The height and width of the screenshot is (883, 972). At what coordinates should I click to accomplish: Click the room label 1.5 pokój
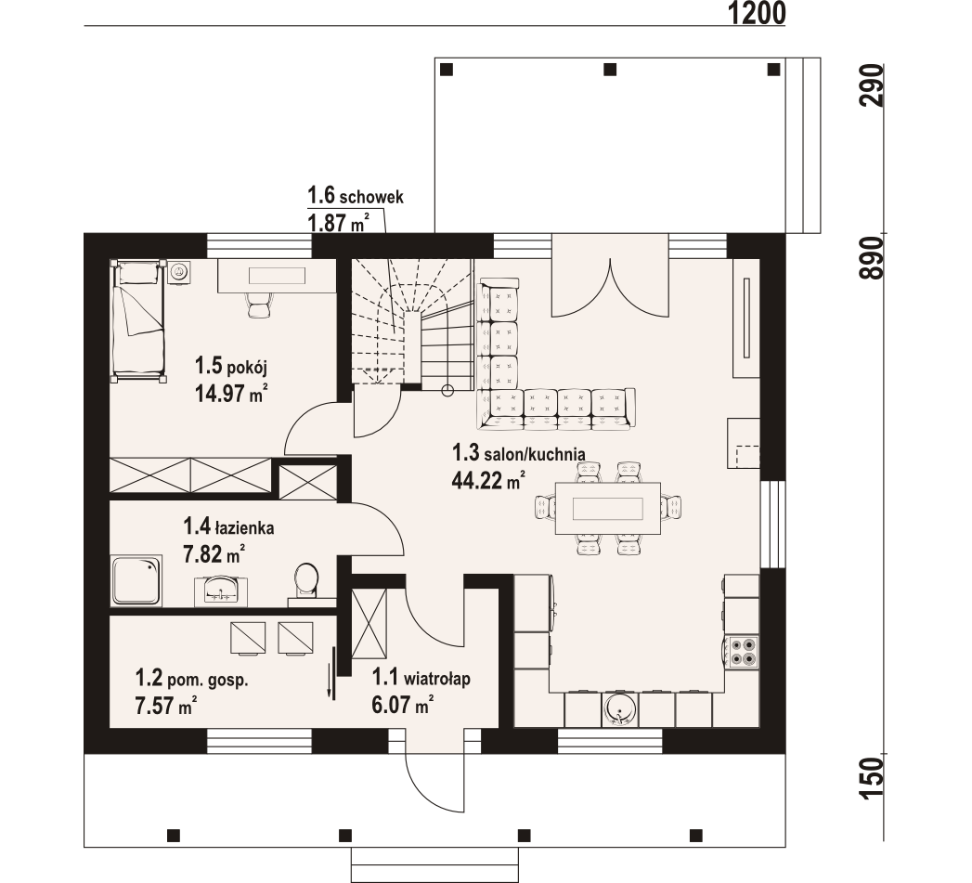[x=224, y=364]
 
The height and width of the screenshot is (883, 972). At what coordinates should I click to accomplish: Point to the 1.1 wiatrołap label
[x=421, y=680]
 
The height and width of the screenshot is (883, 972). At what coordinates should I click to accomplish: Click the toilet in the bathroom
[x=305, y=580]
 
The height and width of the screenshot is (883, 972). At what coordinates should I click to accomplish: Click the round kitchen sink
[x=619, y=708]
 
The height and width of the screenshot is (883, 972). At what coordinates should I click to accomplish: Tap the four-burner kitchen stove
[x=742, y=650]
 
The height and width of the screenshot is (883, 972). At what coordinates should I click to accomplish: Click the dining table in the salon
[x=609, y=508]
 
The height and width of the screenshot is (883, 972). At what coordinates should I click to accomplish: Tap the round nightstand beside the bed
[x=179, y=271]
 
